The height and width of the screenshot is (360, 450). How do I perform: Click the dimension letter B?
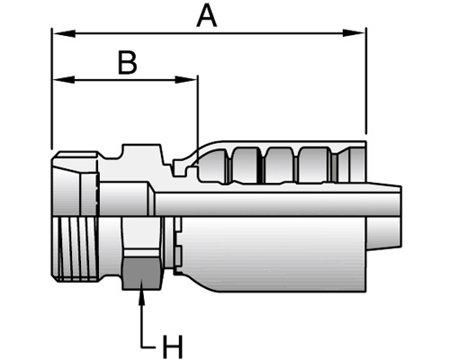click(x=128, y=63)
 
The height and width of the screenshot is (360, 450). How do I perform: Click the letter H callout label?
click(x=172, y=346)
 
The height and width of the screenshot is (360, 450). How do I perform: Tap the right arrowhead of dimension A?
click(x=354, y=33)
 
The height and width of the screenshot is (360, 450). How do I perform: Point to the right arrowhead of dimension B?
click(x=186, y=80)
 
